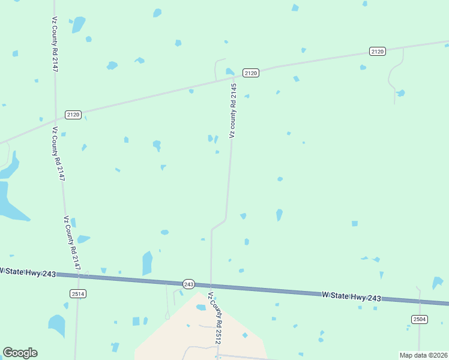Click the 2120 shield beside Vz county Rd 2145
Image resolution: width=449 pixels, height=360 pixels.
coord(251,73)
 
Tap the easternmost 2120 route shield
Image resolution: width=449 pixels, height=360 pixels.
coord(378,52)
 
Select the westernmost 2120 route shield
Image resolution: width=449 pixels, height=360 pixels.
coord(73,114)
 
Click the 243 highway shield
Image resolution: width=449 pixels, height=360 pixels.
coord(188,284)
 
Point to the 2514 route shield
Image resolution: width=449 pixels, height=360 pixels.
coord(78,293)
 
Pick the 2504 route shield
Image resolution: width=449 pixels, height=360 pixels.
coord(420,319)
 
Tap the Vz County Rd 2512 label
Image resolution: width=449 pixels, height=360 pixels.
coord(215,319)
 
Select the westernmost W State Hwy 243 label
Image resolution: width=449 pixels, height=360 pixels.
coord(28,272)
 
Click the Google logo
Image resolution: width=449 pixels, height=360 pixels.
coord(20,353)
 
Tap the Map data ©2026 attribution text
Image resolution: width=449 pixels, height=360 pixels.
coord(424,355)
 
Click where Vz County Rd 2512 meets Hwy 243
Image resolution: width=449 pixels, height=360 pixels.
coord(211,286)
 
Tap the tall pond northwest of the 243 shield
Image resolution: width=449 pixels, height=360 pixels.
coord(147,263)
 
